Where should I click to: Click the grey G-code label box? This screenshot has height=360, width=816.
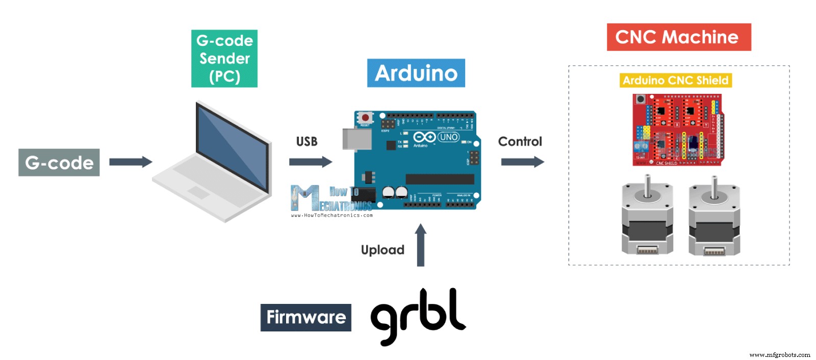[x=59, y=163]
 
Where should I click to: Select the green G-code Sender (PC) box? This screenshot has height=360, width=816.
[x=224, y=59]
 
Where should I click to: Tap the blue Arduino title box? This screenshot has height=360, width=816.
[x=416, y=73]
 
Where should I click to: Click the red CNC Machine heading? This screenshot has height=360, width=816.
[x=678, y=37]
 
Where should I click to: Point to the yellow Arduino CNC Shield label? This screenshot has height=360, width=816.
[x=676, y=81]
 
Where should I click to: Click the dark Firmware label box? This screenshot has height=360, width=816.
[x=306, y=317]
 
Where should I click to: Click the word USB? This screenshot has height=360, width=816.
[x=307, y=142]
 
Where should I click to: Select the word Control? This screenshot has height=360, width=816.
[x=520, y=142]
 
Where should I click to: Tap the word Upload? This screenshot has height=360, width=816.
[x=382, y=250]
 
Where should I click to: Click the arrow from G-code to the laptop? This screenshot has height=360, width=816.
[x=131, y=162]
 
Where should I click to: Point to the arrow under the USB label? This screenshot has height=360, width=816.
[x=310, y=162]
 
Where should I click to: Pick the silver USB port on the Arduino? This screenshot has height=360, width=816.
[x=356, y=139]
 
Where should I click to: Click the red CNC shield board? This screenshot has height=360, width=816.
[x=677, y=130]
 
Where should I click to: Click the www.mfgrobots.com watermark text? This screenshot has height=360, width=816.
[x=779, y=355]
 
